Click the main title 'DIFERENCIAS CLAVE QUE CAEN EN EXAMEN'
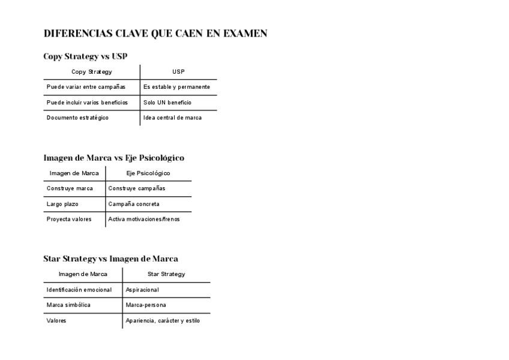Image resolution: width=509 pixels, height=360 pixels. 155,34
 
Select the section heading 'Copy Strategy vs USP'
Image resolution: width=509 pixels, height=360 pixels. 85,56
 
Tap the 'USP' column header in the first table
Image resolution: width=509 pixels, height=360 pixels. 178,72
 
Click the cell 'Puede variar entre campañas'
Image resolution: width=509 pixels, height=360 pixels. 86,87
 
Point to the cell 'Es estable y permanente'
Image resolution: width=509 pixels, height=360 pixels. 176,87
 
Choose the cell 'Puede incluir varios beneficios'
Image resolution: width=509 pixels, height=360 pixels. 87,103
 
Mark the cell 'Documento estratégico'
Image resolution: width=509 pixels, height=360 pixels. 77,118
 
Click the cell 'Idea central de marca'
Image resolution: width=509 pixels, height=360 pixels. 172,118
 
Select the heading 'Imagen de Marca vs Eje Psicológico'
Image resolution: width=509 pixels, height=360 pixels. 113,158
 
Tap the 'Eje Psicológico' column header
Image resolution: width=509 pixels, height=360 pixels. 148,173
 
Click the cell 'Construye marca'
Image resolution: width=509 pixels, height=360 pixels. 70,188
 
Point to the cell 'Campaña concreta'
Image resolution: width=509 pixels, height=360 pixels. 134,204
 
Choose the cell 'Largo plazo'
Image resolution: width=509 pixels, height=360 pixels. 62,204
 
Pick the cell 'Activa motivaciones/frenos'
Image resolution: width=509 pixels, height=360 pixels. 144,219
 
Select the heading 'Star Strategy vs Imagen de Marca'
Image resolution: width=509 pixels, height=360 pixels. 110,259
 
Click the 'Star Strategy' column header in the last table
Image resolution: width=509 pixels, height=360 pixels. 166,274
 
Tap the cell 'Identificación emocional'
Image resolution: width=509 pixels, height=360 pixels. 79,290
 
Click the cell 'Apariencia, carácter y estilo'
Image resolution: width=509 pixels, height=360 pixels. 163,320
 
